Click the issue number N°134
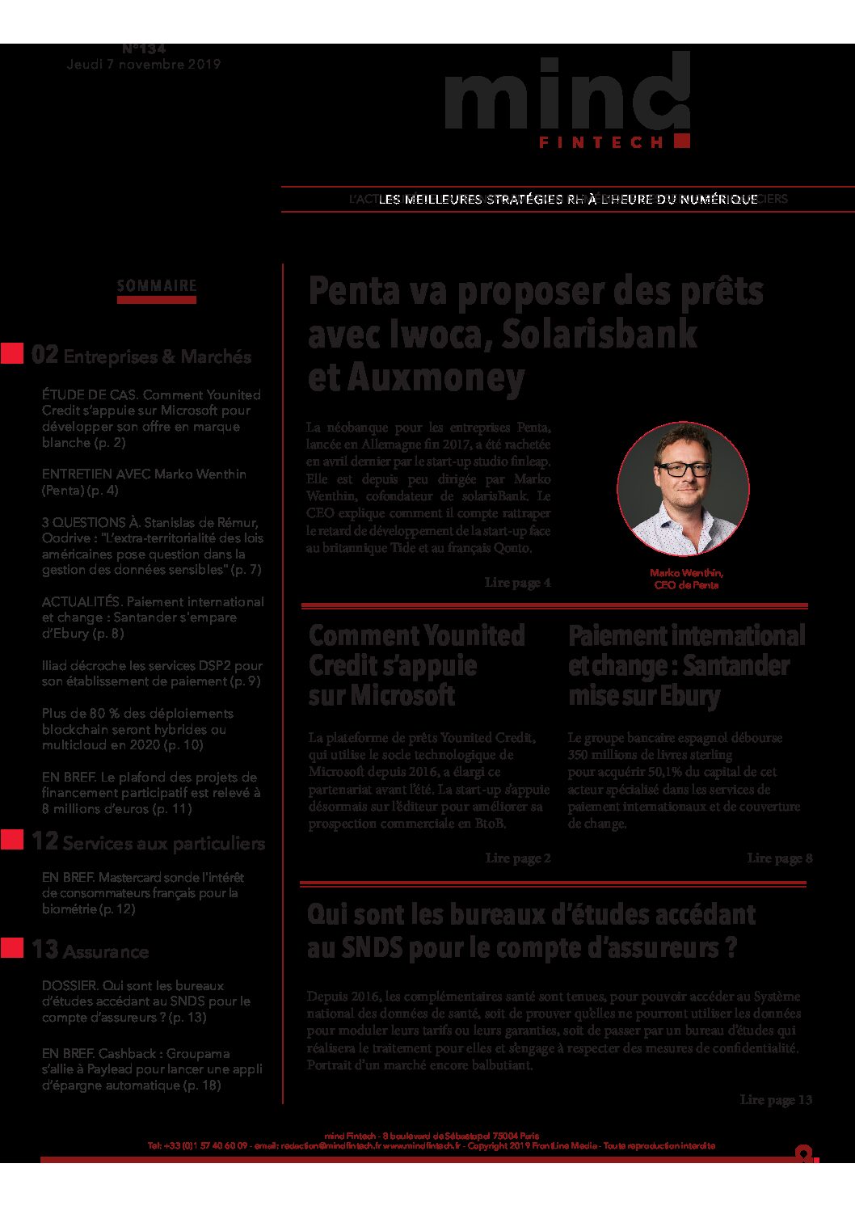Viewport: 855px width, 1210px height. pos(144,49)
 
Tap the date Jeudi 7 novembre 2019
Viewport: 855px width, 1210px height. pos(144,65)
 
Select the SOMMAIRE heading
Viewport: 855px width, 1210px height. pos(157,286)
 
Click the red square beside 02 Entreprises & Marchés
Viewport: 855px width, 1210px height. pos(12,353)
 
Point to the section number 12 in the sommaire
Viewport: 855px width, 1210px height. pos(44,841)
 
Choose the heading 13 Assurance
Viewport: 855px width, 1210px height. pos(90,951)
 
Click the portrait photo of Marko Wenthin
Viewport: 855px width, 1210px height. pos(683,488)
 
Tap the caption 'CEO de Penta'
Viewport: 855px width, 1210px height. pos(686,585)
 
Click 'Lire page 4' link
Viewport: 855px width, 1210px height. pos(517,583)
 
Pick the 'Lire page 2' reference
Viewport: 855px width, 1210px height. pos(517,858)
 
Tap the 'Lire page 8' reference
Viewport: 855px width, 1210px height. pos(779,858)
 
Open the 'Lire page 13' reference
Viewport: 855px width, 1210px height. pos(776,1100)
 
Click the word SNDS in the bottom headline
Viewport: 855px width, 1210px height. pos(372,947)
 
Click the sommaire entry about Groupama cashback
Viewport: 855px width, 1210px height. pos(152,1069)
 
